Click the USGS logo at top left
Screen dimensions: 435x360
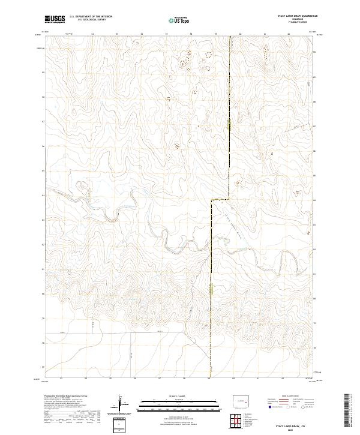point(55,19)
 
